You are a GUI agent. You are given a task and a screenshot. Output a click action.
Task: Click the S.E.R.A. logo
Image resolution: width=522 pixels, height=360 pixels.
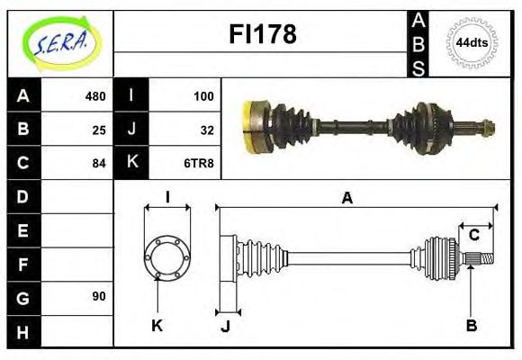(60, 41)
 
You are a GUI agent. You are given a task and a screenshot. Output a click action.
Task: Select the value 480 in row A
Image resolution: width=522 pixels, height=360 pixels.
(94, 96)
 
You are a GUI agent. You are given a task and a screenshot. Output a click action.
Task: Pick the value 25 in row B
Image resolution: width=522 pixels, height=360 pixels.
(98, 130)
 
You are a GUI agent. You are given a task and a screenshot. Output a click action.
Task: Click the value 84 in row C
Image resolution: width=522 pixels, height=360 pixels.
(98, 164)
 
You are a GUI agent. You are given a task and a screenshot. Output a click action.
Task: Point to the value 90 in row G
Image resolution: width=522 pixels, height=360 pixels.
(98, 296)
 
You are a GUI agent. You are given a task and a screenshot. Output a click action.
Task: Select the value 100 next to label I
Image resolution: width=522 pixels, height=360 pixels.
(202, 96)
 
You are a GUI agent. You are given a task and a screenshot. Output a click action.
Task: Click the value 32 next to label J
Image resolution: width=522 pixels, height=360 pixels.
(206, 130)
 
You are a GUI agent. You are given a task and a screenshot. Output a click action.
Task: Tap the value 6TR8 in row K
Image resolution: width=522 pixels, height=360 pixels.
(200, 164)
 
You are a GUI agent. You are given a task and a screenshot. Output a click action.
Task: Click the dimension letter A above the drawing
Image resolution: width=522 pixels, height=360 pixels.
(346, 197)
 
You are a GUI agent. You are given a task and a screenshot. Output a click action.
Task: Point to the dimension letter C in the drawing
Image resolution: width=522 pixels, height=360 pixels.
(473, 236)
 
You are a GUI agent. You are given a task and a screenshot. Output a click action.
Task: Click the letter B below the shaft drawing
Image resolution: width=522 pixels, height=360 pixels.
(471, 325)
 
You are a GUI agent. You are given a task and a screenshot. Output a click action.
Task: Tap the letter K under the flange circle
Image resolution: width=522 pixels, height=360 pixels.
(157, 325)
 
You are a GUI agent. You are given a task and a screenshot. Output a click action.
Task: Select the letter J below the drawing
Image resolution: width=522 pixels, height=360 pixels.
(225, 325)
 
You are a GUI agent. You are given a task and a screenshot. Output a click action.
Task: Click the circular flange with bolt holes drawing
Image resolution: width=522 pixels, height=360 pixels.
(167, 256)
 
